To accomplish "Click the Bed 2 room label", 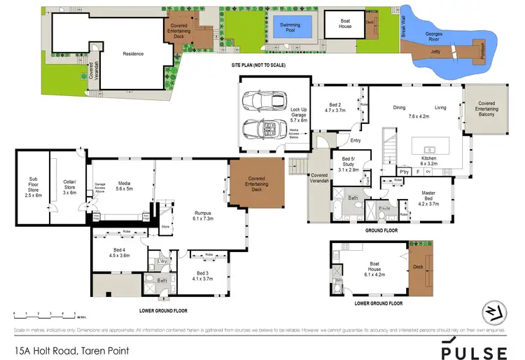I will (x=335, y=106).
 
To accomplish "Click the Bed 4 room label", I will (x=120, y=252).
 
